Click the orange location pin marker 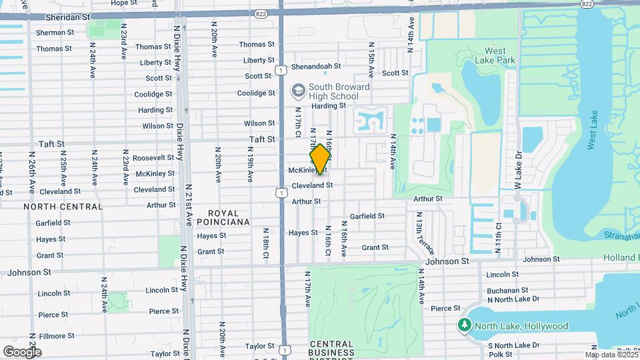tap(320, 159)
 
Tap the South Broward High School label tap(339, 91)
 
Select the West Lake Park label tap(499, 55)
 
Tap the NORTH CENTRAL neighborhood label tap(63, 207)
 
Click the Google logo tap(21, 351)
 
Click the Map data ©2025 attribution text tap(612, 355)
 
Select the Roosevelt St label tap(153, 158)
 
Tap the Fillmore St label tap(56, 336)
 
